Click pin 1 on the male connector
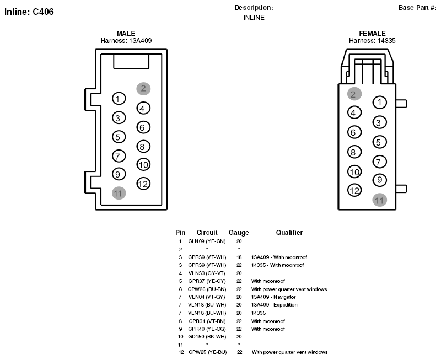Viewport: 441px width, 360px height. tap(119, 99)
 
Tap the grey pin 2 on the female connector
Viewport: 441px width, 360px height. tap(354, 94)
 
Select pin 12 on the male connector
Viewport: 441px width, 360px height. tap(143, 184)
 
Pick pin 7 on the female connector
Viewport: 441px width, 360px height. tap(379, 162)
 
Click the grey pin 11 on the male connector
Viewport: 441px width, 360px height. tap(119, 193)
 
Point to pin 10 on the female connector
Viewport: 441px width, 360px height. tap(354, 172)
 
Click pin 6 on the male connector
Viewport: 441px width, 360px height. tap(143, 127)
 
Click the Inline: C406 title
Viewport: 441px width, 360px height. tap(29, 12)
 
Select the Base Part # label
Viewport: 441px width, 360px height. tap(417, 8)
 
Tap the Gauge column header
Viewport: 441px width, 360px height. tap(239, 233)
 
